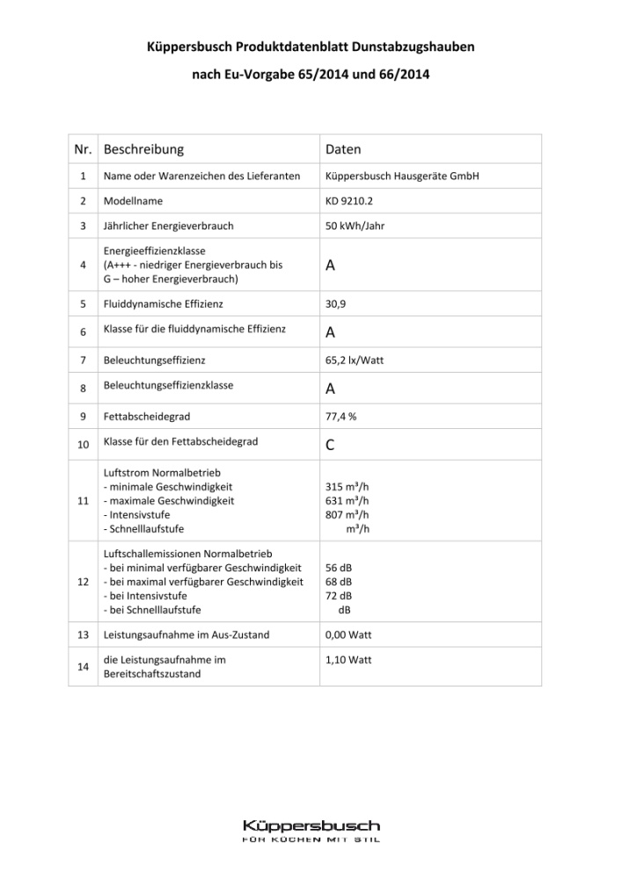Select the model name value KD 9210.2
[349, 201]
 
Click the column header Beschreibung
[143, 149]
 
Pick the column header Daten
[343, 149]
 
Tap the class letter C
[330, 446]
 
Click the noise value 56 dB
[339, 568]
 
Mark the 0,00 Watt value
[348, 635]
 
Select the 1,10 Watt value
[348, 658]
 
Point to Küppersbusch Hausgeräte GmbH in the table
[401, 176]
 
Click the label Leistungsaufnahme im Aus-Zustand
[187, 635]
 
